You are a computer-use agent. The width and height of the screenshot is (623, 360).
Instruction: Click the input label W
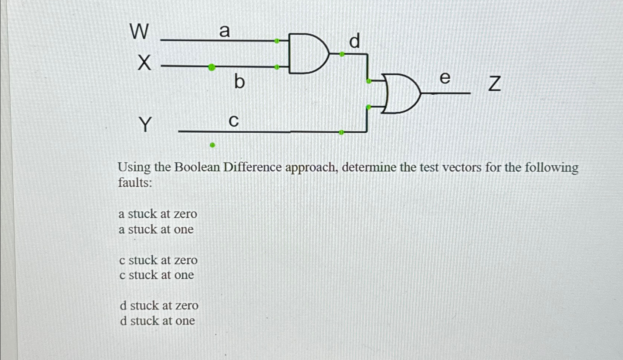[x=139, y=31]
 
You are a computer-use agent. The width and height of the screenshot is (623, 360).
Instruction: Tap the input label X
[x=145, y=62]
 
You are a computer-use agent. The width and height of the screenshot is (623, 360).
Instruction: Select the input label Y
[x=146, y=124]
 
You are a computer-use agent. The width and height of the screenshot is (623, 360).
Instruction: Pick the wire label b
[x=239, y=81]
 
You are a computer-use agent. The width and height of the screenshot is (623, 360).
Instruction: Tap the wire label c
[x=234, y=121]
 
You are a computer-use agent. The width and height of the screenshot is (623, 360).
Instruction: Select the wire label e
[x=445, y=78]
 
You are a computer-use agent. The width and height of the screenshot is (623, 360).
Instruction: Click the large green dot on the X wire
[x=211, y=67]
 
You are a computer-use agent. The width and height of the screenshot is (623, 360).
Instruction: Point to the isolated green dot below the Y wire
[x=212, y=145]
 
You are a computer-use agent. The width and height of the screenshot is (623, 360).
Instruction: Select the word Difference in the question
[x=253, y=167]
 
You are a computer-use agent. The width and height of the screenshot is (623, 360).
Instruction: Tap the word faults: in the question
[x=135, y=183]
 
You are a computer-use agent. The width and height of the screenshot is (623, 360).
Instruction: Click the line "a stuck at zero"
[x=158, y=214]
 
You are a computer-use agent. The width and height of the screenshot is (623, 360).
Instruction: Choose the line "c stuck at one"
[x=156, y=275]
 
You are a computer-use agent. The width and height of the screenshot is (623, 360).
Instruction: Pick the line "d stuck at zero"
[x=159, y=306]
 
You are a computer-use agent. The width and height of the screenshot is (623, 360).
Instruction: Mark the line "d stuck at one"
[x=158, y=321]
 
